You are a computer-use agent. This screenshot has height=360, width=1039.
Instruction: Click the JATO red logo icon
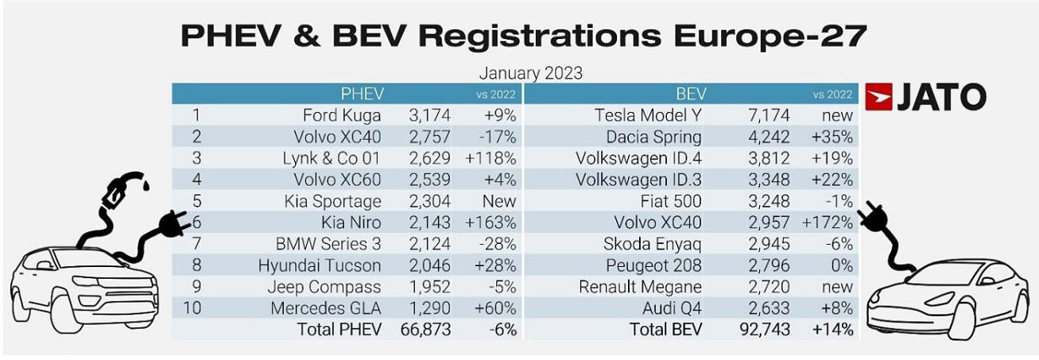click(x=879, y=97)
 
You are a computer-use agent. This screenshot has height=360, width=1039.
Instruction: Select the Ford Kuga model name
click(x=343, y=115)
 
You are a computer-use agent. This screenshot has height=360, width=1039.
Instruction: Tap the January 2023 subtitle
click(x=530, y=73)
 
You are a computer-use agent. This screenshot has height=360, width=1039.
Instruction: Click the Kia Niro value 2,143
click(x=428, y=223)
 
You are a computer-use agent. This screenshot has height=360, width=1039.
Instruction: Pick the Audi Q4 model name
click(x=671, y=308)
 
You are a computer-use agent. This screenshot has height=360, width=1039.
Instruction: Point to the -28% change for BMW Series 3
click(x=498, y=243)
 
